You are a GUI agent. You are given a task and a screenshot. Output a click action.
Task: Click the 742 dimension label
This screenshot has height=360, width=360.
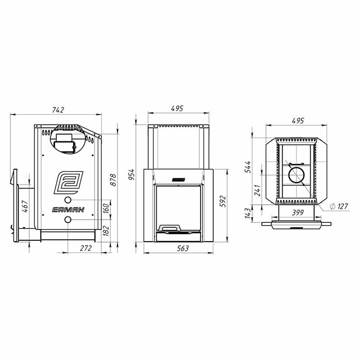[x=58, y=110]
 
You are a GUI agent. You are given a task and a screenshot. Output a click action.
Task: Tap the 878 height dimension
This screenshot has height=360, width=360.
[x=113, y=180]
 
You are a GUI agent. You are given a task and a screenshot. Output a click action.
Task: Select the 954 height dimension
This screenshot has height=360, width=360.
[x=131, y=175]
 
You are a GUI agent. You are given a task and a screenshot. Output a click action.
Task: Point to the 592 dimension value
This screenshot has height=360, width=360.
[x=223, y=201]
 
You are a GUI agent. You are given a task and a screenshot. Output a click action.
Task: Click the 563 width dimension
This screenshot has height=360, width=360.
[x=183, y=248]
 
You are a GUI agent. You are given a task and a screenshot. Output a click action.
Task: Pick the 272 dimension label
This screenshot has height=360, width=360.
[x=86, y=248]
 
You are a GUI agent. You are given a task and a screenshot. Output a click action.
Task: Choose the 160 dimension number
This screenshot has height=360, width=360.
[x=106, y=208]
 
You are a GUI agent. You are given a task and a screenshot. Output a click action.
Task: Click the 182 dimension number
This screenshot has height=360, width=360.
[x=106, y=230]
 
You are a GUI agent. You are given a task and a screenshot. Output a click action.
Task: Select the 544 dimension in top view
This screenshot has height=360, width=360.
[x=248, y=167]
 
